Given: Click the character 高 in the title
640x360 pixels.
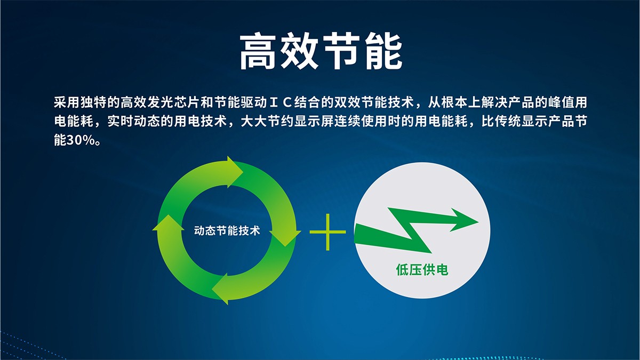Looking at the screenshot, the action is [x=258, y=51].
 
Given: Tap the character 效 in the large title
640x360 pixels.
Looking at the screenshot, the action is [x=299, y=51].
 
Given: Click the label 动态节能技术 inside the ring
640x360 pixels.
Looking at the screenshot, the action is [x=227, y=230].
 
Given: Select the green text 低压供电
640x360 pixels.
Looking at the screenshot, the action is [x=422, y=270].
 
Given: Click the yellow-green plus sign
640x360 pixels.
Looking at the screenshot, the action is [x=327, y=232].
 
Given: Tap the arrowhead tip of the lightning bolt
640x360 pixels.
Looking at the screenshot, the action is [x=478, y=222].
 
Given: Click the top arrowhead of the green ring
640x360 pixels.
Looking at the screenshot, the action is [x=235, y=172].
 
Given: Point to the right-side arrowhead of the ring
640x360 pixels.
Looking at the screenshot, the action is [x=285, y=238].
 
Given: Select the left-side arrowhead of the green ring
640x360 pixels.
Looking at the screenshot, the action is [x=169, y=222].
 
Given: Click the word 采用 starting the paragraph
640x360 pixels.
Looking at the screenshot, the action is [x=67, y=102].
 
